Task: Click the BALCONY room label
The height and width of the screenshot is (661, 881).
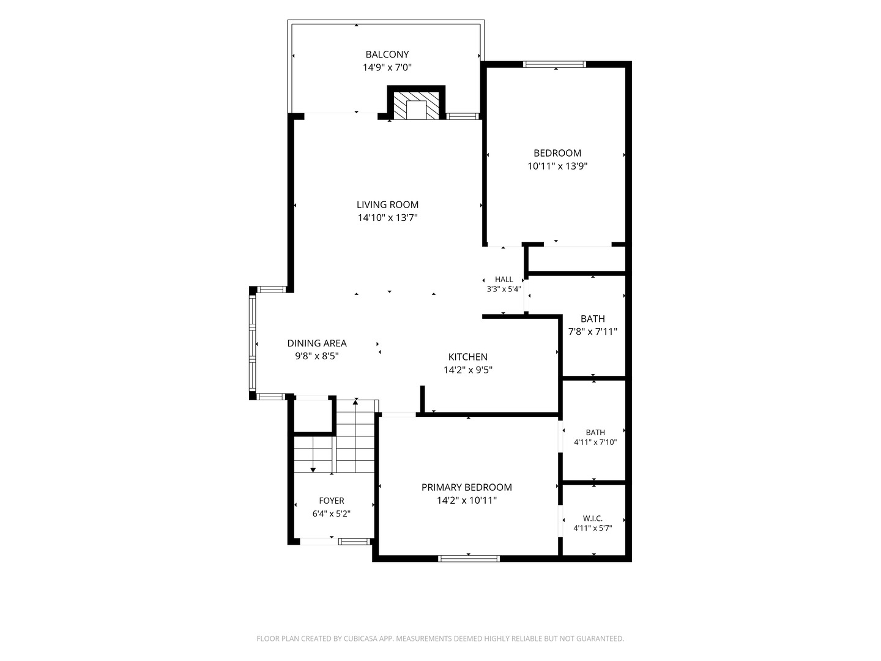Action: [387, 54]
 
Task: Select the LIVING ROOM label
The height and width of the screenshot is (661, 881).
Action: [387, 204]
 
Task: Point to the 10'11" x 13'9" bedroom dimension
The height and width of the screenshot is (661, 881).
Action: [557, 166]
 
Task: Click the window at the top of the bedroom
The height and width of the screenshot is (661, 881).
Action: [554, 64]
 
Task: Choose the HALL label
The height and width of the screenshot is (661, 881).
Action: [504, 279]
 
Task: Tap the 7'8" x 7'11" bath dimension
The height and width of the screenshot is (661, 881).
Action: [592, 332]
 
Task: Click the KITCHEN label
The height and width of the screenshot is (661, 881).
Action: [467, 357]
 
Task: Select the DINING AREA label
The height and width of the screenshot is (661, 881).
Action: [317, 343]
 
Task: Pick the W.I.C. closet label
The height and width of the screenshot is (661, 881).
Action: [592, 518]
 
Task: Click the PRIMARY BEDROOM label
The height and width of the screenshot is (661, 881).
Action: [466, 487]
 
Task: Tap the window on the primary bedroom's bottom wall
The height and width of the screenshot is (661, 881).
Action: [469, 558]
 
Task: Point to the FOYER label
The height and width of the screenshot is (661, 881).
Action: [331, 501]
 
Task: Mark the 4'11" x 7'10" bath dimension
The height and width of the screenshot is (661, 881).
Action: [595, 443]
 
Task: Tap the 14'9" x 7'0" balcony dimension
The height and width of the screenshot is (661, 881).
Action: [387, 67]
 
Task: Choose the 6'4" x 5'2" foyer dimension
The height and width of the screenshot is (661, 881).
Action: [331, 513]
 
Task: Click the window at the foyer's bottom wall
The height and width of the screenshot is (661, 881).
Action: [354, 542]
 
